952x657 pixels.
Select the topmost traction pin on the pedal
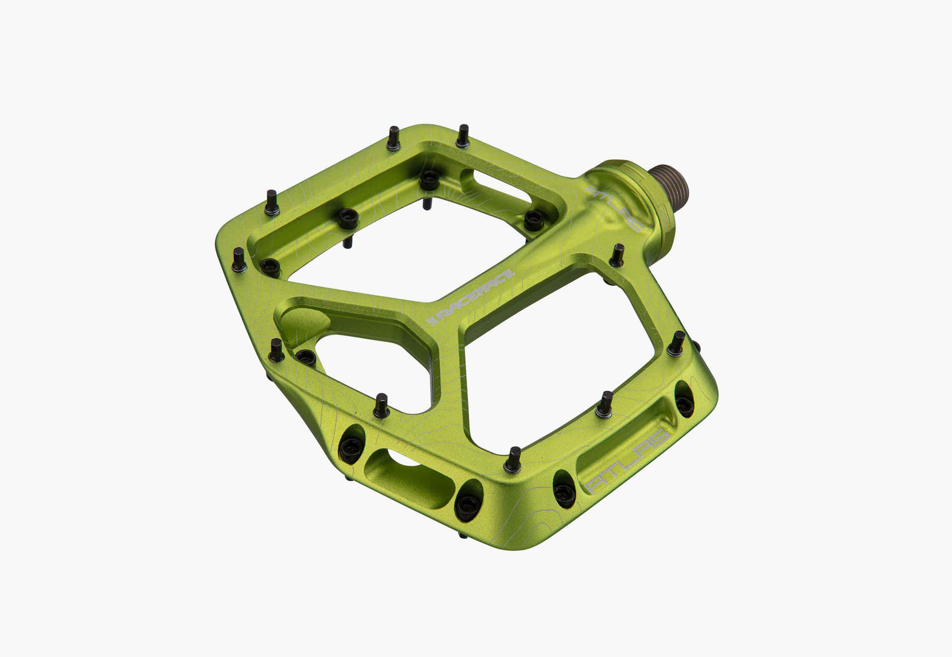pos(462,135)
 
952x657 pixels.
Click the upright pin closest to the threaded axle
pos(617,255)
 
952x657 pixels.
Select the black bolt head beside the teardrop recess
pos(306,358)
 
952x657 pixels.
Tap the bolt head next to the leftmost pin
pos(269,266)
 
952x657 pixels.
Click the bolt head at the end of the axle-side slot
pos(533,220)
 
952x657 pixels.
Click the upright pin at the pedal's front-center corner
pos(513,460)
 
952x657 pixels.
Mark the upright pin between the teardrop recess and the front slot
pos(381,405)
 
